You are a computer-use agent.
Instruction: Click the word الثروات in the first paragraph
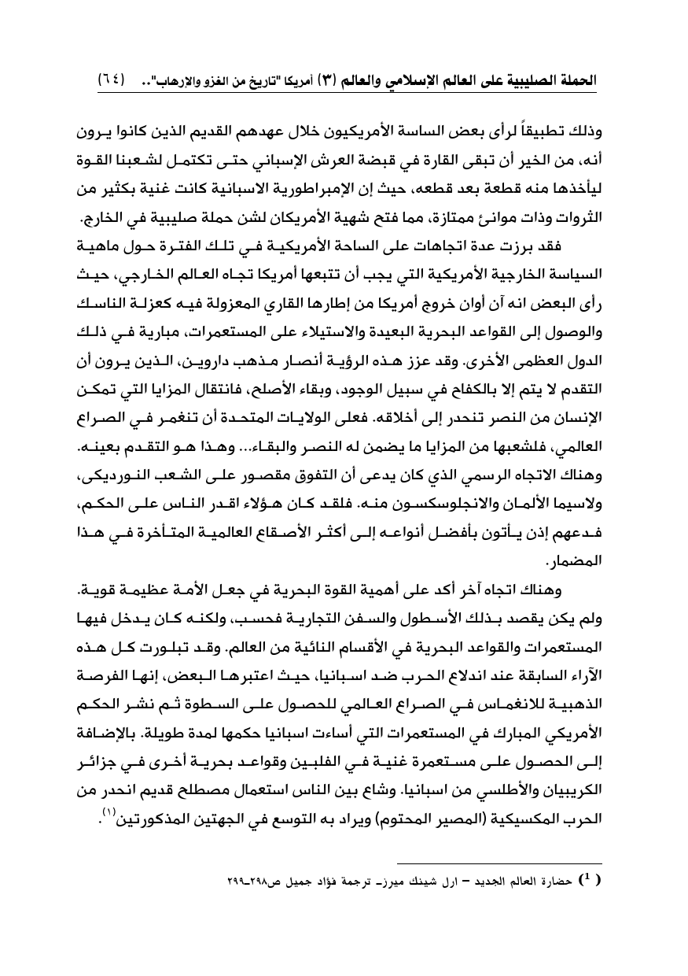(576, 194)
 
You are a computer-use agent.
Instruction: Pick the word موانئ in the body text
(483, 194)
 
